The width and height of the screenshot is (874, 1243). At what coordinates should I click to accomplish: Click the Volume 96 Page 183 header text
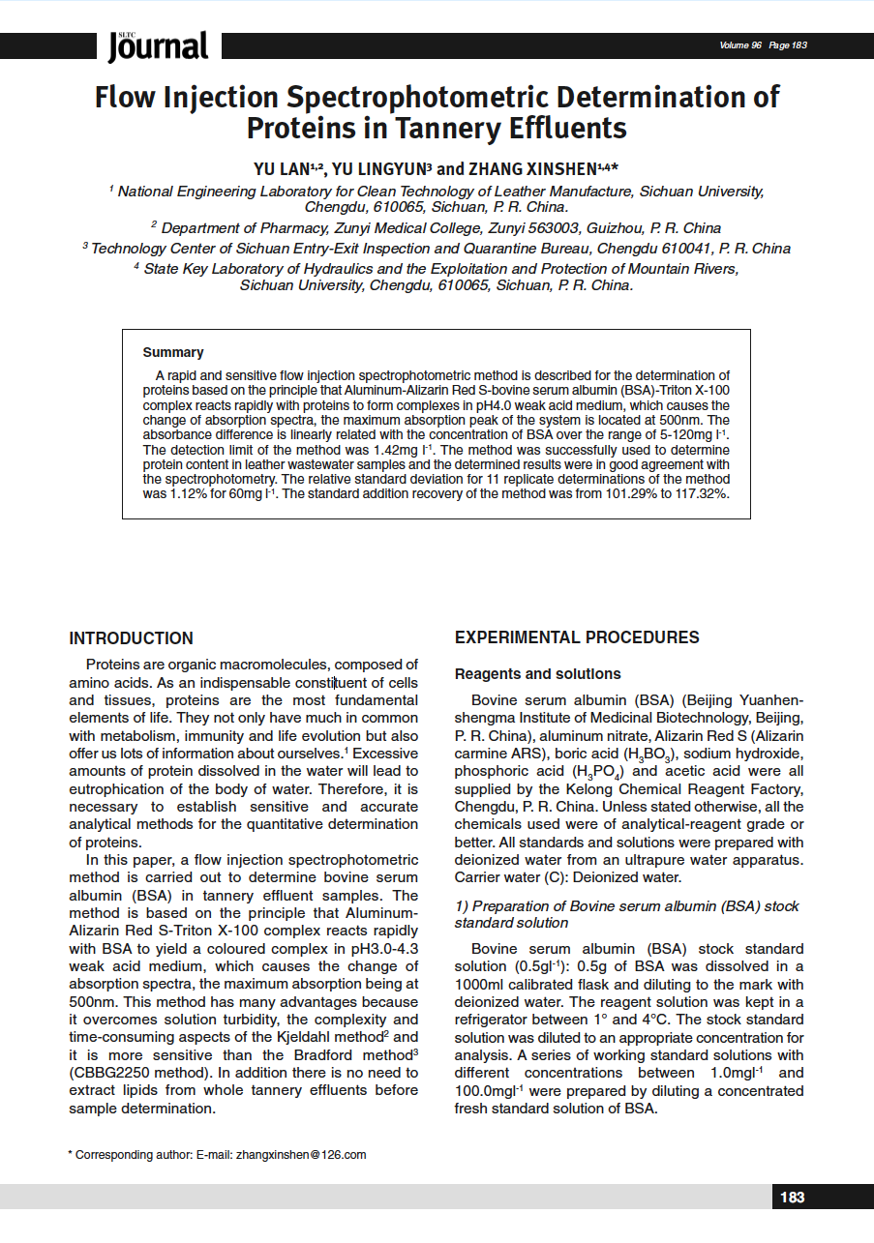click(x=763, y=45)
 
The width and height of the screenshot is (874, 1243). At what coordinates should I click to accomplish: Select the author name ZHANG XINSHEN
click(x=531, y=168)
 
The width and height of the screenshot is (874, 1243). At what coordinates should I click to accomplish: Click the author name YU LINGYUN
click(x=378, y=168)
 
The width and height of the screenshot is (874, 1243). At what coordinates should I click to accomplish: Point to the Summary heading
click(x=173, y=352)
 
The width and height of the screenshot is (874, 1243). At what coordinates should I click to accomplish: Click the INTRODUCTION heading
click(x=131, y=638)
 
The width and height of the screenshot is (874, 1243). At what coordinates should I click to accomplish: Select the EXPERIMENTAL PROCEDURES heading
click(x=577, y=637)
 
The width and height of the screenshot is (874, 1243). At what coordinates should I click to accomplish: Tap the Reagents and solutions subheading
click(x=538, y=674)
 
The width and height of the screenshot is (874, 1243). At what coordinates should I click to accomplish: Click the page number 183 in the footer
click(x=792, y=1198)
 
